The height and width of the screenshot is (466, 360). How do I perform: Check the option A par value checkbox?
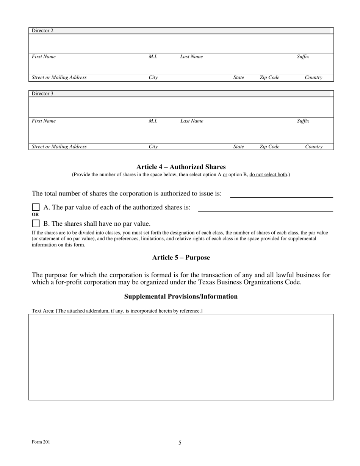point(36,207)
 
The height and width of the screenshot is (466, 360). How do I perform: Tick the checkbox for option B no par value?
point(36,223)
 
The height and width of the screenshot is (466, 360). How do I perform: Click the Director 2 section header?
point(42,31)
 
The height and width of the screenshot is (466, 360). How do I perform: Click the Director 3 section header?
point(42,94)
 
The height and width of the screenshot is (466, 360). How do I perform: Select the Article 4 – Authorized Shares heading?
point(181,167)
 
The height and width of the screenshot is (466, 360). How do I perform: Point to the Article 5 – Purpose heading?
point(181,258)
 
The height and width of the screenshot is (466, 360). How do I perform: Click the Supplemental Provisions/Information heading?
point(181,296)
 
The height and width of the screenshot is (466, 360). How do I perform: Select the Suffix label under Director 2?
point(303,57)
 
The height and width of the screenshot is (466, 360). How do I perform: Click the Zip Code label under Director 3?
point(269,147)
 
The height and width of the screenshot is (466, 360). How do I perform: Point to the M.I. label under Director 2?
point(153,57)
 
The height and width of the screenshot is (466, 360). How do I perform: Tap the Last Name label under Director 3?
point(191,121)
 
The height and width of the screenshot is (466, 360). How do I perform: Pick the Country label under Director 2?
point(313,78)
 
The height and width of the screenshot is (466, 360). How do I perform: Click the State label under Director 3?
point(238,147)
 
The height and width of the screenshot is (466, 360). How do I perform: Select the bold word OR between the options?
point(35,214)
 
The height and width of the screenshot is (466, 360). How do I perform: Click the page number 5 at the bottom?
point(180,443)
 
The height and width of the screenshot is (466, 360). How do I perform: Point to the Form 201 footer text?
point(41,442)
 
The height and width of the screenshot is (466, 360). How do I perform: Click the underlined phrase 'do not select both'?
point(268,175)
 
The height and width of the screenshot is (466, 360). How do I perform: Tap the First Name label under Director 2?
point(44,57)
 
